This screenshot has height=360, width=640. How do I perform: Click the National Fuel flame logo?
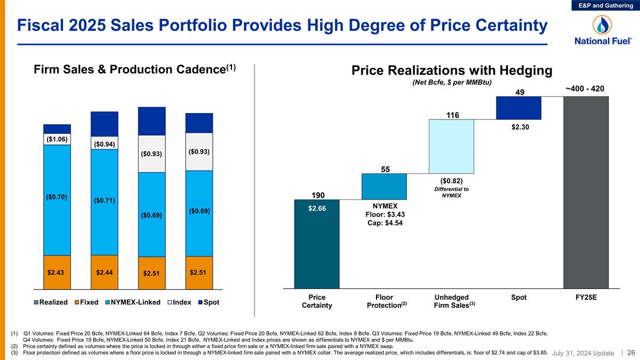(603, 25)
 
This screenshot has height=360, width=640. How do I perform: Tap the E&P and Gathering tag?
(607, 5)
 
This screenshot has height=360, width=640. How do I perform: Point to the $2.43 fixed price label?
(57, 272)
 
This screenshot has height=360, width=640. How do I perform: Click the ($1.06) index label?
(57, 139)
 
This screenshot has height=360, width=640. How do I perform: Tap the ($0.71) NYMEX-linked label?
(105, 200)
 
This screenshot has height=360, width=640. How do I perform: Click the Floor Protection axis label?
(384, 301)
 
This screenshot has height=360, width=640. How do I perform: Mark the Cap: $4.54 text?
(384, 223)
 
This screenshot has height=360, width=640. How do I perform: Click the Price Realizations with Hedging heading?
(451, 70)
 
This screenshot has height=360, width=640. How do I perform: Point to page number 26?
(631, 353)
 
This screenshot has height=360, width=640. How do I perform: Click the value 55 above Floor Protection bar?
(384, 169)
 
